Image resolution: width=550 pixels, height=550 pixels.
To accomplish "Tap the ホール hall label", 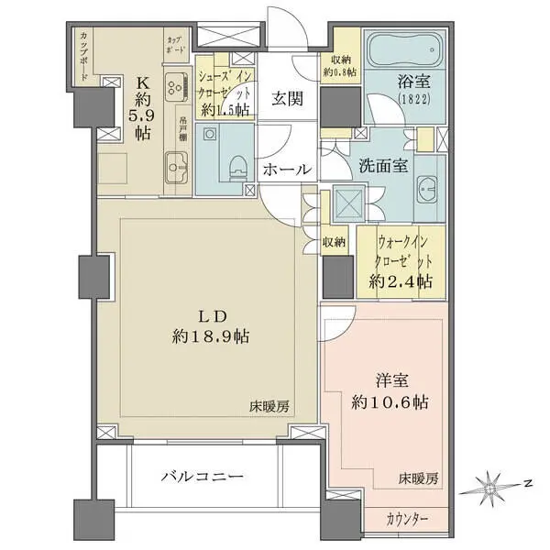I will point(286,169).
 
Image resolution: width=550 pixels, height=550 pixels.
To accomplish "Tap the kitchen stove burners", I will point(175,87).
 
